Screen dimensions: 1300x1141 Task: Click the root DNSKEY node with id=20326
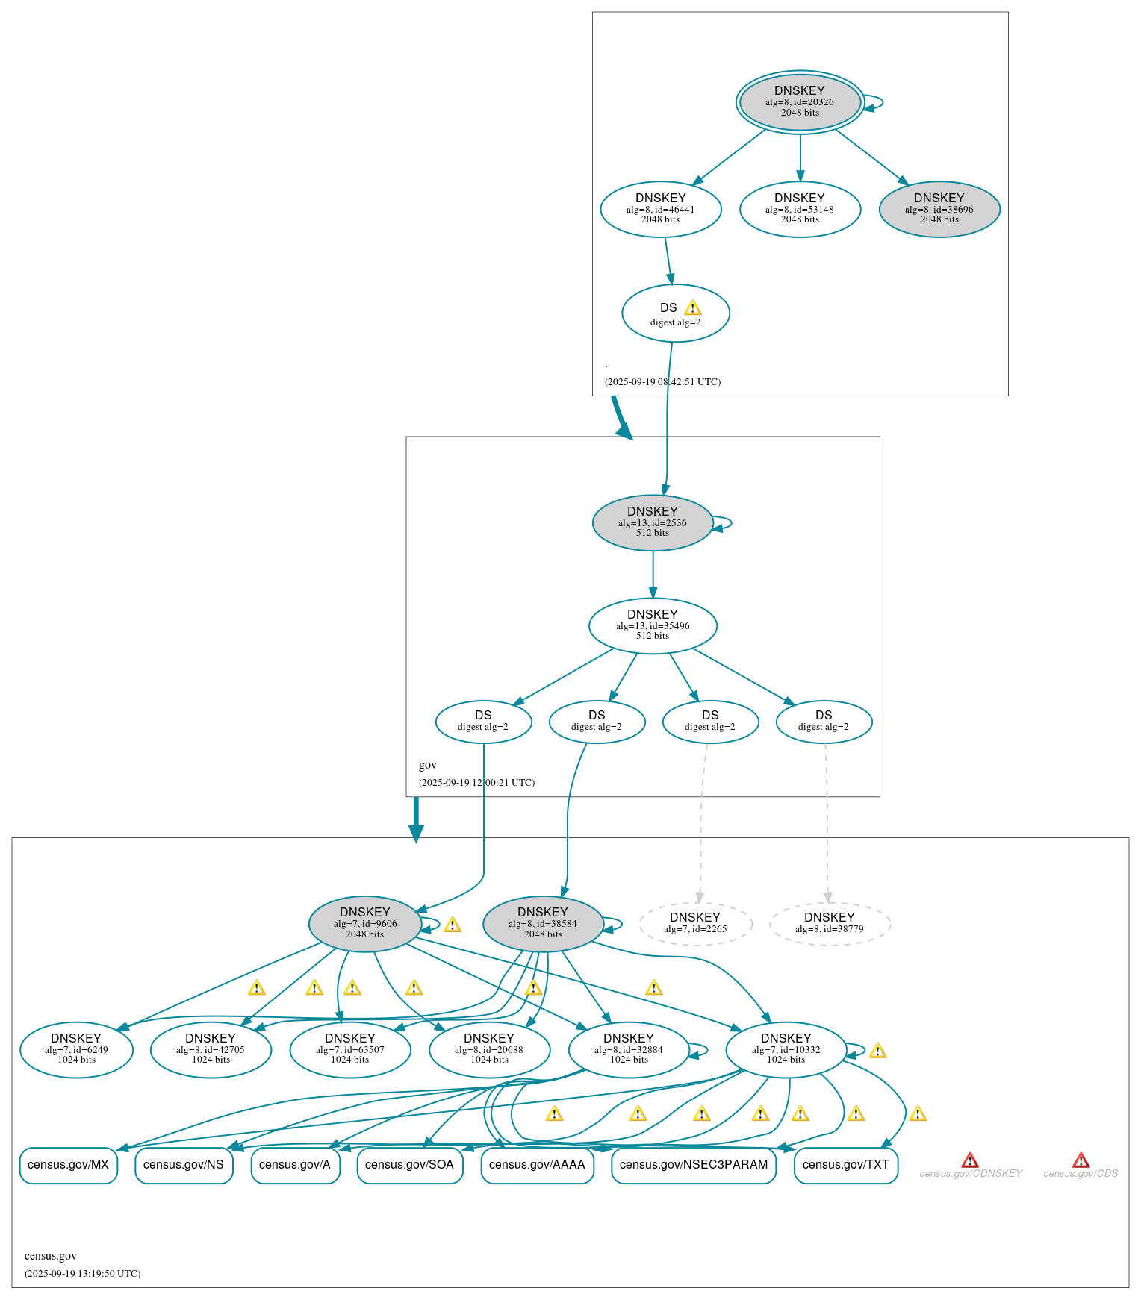[800, 101]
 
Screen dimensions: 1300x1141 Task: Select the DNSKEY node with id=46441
[661, 209]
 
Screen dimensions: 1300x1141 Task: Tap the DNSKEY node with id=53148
[800, 209]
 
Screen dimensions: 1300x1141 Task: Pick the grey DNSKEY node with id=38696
[939, 209]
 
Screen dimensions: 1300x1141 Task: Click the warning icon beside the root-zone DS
[692, 308]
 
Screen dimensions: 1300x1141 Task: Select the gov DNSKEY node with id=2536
[653, 522]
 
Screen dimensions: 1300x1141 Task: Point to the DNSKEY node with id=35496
[653, 625]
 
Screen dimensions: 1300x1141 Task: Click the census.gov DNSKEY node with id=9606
[365, 923]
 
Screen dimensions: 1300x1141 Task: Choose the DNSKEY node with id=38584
[543, 923]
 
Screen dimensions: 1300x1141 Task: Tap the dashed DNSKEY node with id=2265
[695, 923]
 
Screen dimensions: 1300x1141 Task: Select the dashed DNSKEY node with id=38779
[830, 923]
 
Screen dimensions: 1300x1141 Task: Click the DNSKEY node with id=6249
[76, 1049]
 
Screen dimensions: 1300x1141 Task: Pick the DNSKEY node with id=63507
[350, 1049]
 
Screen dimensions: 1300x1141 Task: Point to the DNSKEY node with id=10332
[786, 1049]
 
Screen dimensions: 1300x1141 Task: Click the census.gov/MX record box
[68, 1165]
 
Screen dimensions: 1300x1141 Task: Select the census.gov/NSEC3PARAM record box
[694, 1165]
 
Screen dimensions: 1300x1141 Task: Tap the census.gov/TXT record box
[846, 1165]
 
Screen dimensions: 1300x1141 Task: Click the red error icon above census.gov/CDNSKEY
[970, 1160]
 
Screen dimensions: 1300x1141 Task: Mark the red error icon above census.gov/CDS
[1081, 1160]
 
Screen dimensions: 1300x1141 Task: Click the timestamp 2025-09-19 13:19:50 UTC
[83, 1273]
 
